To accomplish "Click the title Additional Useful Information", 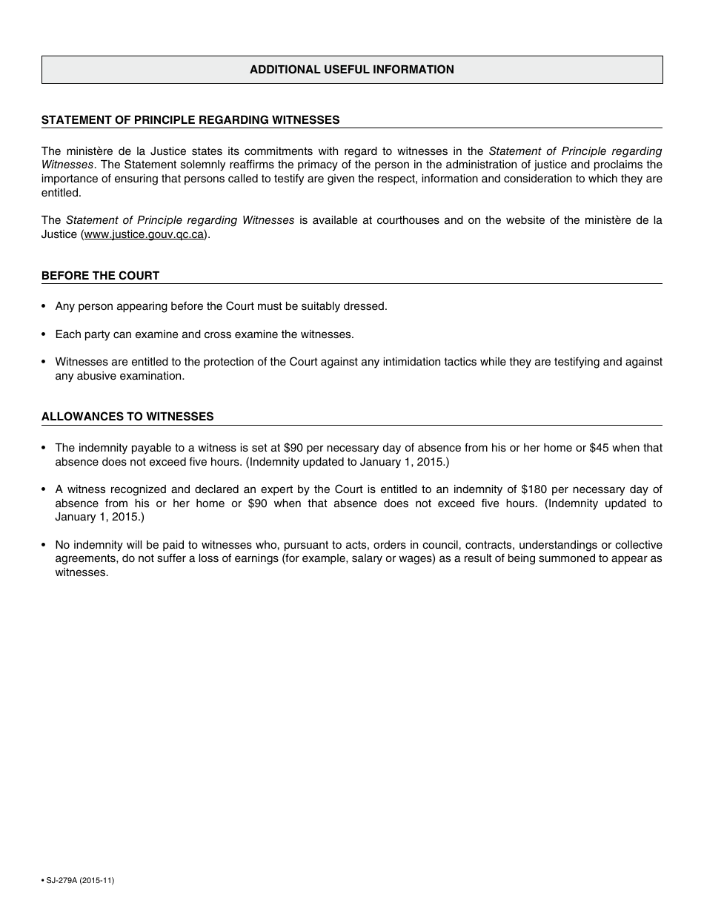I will (351, 70).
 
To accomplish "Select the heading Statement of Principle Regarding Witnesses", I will (190, 119).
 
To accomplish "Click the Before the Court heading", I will (100, 275).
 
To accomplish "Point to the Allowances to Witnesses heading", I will (127, 416).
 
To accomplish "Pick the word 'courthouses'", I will (410, 220).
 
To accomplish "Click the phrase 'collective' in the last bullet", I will (638, 545).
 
